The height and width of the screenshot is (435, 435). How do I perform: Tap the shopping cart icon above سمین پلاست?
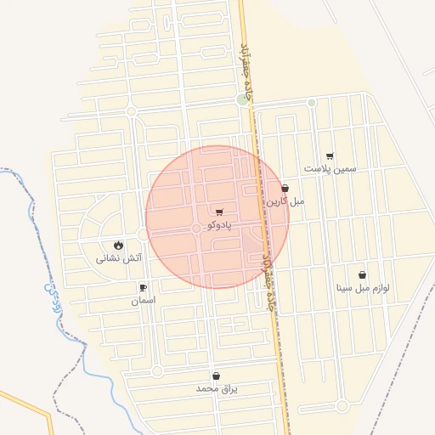point(330,155)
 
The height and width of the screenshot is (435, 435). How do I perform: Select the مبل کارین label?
point(286,201)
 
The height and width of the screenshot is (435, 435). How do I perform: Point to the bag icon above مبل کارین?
point(285,189)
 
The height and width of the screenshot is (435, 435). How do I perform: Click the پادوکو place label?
point(218,224)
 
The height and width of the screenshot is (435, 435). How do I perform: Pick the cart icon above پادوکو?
point(219,212)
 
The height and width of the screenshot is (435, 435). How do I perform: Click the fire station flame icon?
point(117,245)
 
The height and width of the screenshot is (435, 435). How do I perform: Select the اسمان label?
point(143,300)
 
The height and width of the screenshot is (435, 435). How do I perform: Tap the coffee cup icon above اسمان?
point(143,288)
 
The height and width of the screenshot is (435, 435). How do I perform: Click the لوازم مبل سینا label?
point(363,288)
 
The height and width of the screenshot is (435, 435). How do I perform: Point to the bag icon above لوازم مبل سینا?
point(363,275)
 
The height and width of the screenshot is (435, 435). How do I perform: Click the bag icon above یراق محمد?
point(216,376)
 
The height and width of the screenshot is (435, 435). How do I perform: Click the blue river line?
point(85,357)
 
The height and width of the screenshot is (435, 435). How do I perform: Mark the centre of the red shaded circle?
point(217,217)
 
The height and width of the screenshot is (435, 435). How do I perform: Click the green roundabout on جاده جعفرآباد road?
point(244,99)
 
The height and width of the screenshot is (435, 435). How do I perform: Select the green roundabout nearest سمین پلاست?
point(312,103)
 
